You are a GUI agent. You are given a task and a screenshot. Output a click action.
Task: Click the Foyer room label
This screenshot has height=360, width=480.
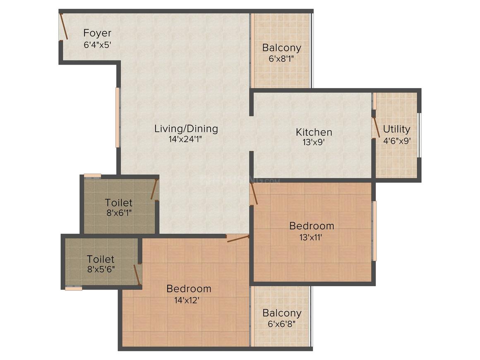[x=97, y=33]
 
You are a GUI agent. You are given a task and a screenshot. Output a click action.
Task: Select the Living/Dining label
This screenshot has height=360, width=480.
[x=186, y=128]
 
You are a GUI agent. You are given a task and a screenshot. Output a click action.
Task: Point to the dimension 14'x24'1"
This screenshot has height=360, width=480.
[x=186, y=139]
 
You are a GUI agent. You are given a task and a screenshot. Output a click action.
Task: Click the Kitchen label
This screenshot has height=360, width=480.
[x=314, y=132]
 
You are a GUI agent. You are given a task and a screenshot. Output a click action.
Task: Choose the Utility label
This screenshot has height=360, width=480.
[x=396, y=129]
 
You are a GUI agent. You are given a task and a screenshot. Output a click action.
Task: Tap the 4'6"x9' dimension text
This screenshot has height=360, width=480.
[x=396, y=140]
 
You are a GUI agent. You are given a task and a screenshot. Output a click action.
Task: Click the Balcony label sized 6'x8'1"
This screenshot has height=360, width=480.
[x=282, y=48]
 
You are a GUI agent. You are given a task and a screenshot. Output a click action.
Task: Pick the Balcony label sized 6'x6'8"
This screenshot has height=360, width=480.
[x=282, y=313]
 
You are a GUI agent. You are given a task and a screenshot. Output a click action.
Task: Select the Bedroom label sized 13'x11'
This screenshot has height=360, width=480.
[x=312, y=226]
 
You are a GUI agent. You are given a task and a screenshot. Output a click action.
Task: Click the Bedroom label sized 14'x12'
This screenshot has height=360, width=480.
[x=189, y=288]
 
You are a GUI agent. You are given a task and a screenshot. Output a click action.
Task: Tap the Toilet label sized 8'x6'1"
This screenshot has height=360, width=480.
[x=119, y=203]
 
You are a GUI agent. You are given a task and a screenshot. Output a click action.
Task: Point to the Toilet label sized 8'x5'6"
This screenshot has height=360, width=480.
[x=101, y=259]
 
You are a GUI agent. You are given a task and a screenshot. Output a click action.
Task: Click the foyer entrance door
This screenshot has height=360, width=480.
[x=64, y=26]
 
